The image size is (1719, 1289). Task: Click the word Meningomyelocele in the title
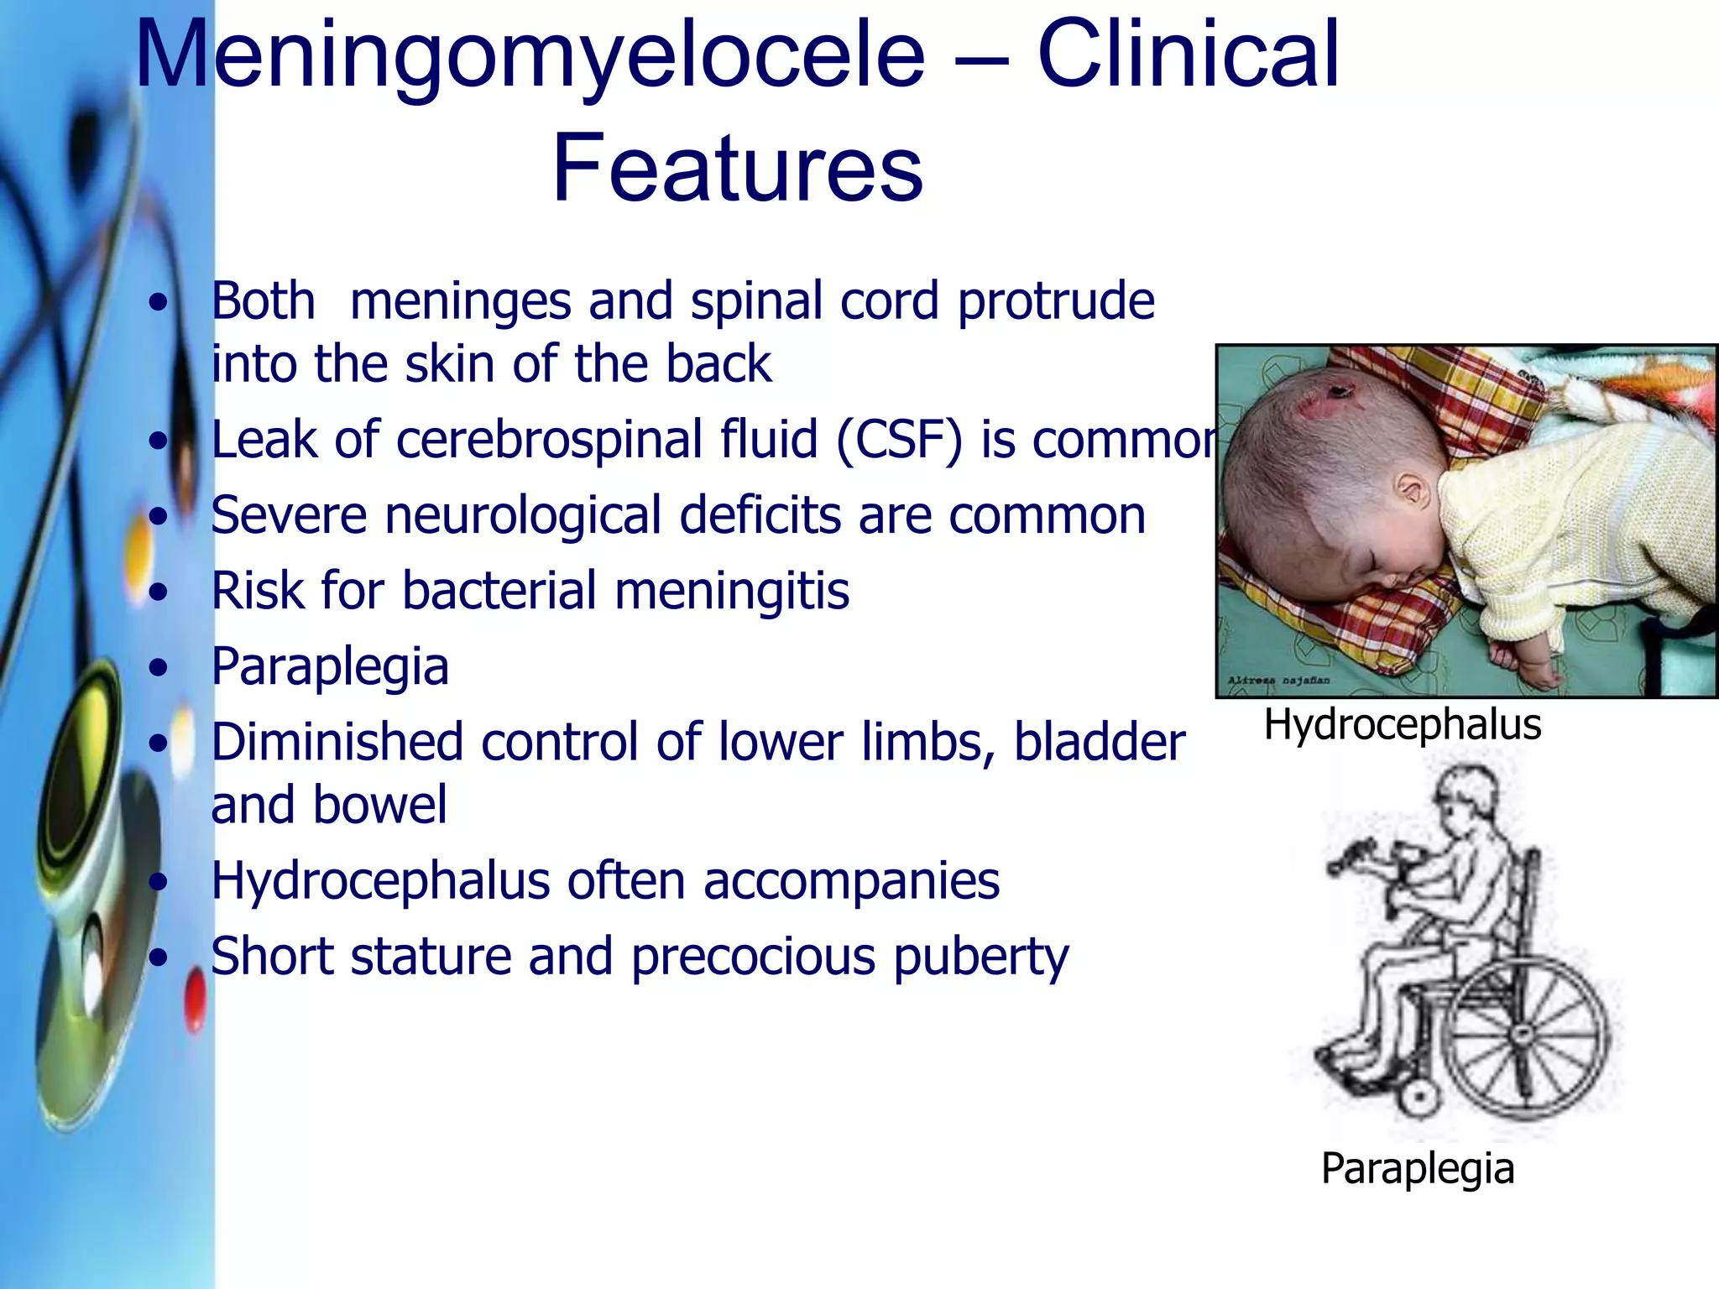pos(530,55)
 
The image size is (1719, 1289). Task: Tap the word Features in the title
pos(737,168)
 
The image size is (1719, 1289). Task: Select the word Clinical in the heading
pos(1189,55)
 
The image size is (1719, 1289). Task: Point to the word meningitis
pos(732,591)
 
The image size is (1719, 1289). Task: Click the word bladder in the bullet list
pos(1100,743)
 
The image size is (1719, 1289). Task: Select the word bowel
pos(380,805)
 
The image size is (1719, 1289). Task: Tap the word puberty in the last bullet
pos(980,958)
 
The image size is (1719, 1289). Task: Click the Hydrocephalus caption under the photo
pos(1403,724)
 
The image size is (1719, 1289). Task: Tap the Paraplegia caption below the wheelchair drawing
pos(1418,1168)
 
